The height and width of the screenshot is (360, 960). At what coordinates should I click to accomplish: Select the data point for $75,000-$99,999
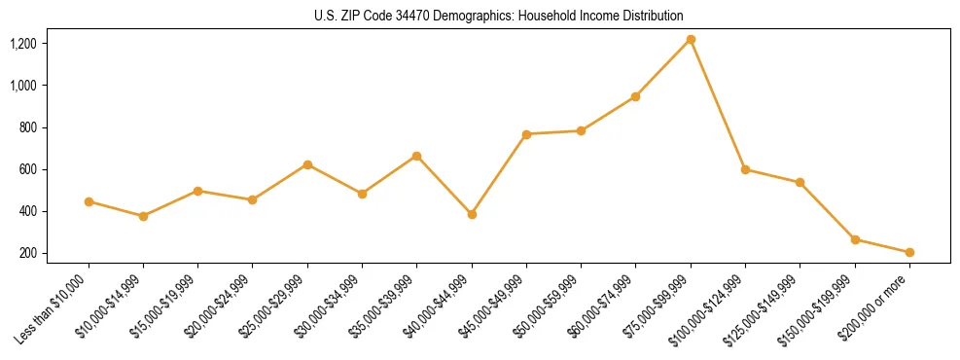[x=691, y=40]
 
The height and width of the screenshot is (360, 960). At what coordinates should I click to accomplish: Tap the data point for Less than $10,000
[x=89, y=201]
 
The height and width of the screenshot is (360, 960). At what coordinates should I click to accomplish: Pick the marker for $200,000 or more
[x=909, y=252]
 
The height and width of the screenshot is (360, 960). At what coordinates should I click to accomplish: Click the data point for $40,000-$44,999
[x=472, y=214]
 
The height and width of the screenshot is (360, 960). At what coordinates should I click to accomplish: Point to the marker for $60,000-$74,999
[x=636, y=96]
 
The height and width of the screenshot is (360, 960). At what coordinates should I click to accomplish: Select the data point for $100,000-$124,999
[x=745, y=169]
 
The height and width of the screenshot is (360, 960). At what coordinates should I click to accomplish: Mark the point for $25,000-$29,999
[x=307, y=164]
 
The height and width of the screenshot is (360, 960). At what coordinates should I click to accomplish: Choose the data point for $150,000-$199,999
[x=855, y=239]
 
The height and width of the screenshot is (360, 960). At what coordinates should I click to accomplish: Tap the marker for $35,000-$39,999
[x=417, y=156]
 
